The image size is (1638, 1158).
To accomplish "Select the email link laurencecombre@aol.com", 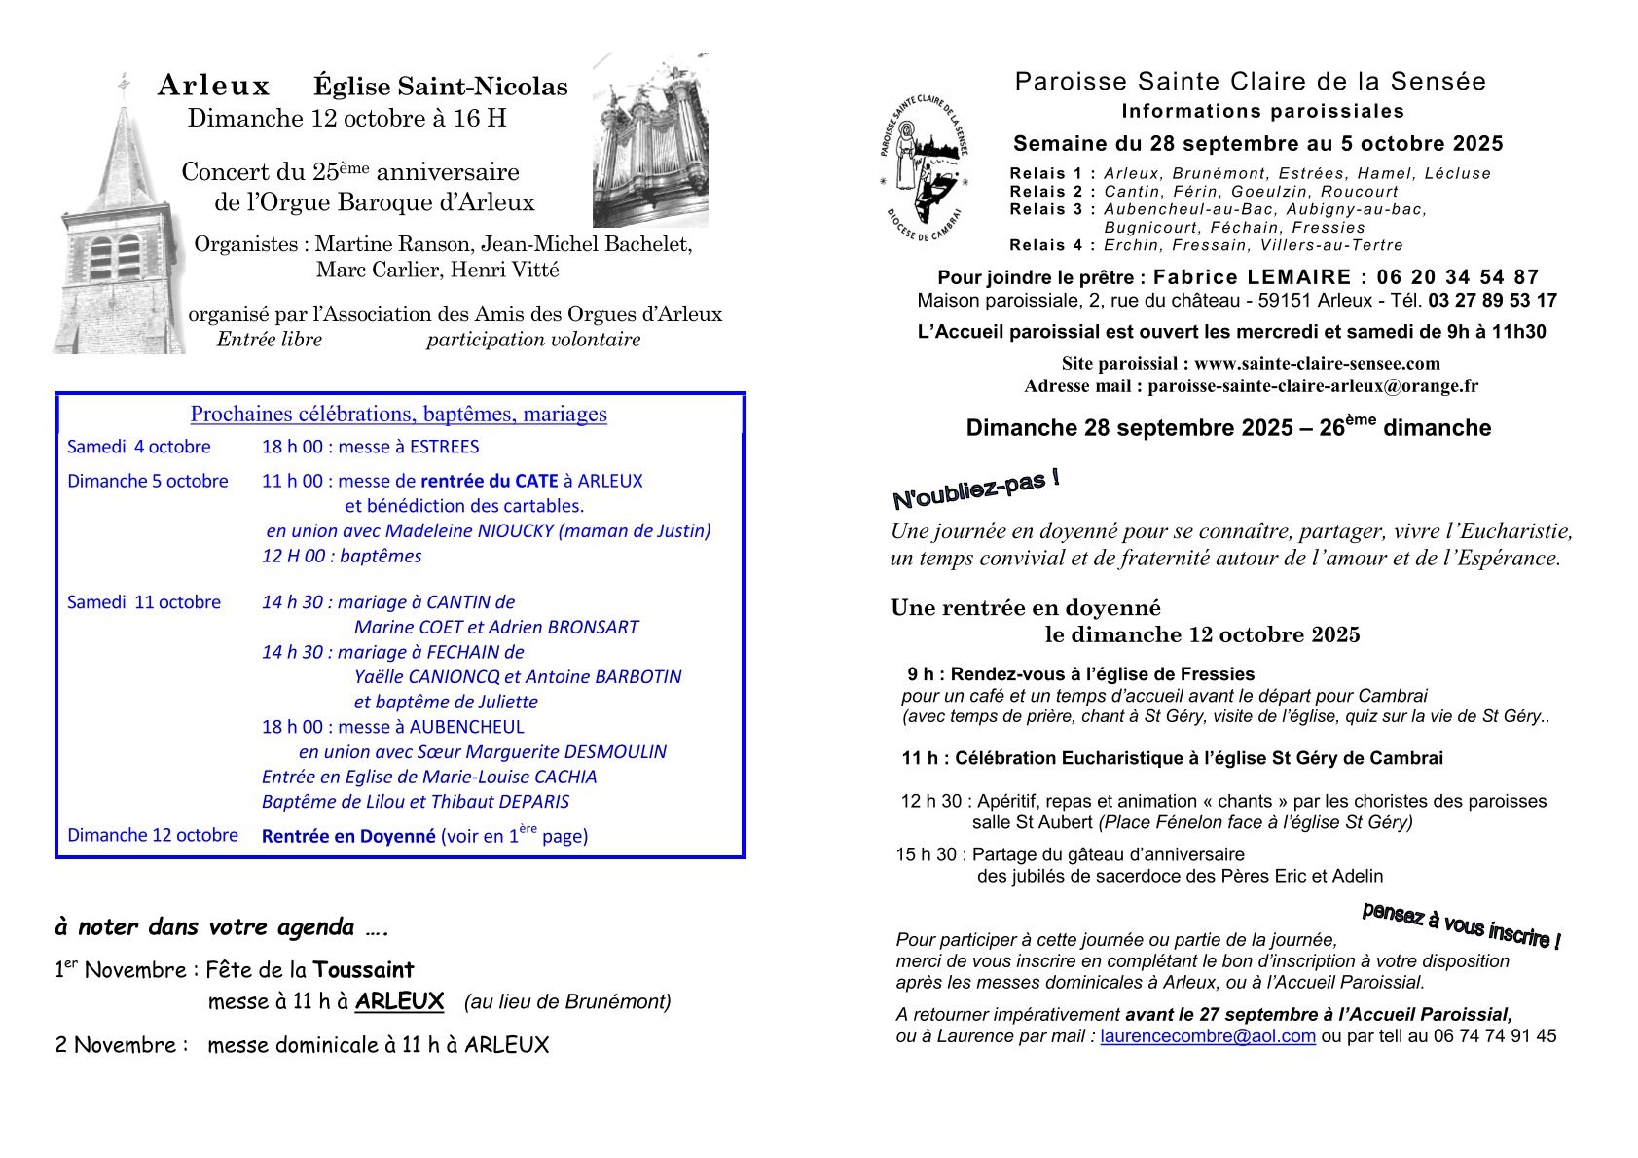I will [x=1208, y=1036].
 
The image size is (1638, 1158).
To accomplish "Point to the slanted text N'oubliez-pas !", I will [x=975, y=489].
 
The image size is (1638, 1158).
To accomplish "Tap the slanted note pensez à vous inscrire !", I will [x=1461, y=924].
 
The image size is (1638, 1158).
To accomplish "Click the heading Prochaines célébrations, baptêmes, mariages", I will [x=399, y=415].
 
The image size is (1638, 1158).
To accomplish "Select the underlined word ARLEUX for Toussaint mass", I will [x=399, y=1001].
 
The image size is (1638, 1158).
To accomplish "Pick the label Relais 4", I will [x=1052, y=245].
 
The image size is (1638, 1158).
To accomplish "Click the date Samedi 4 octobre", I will [x=138, y=447].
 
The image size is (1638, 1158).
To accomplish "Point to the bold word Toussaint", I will [x=363, y=970].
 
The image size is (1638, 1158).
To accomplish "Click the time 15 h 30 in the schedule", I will [x=929, y=855].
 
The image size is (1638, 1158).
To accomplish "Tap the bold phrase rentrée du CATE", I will [x=490, y=481].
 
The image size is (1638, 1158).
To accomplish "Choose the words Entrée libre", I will [x=270, y=340].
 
